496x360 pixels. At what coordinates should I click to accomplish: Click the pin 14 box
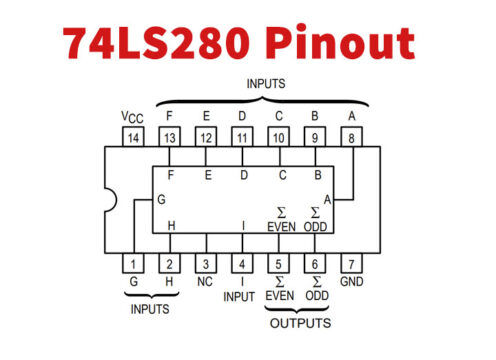click(x=134, y=137)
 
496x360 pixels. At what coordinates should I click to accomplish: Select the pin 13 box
click(x=170, y=137)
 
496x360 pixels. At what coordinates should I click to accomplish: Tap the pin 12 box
click(x=206, y=137)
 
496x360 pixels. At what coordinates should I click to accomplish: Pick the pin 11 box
click(x=242, y=137)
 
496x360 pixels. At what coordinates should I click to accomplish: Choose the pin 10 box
click(x=279, y=137)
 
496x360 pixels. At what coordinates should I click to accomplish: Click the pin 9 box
click(x=315, y=137)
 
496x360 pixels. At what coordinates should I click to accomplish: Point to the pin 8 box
click(x=351, y=137)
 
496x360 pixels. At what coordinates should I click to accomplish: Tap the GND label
click(x=351, y=284)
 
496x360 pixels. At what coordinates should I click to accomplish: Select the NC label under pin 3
click(x=206, y=283)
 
